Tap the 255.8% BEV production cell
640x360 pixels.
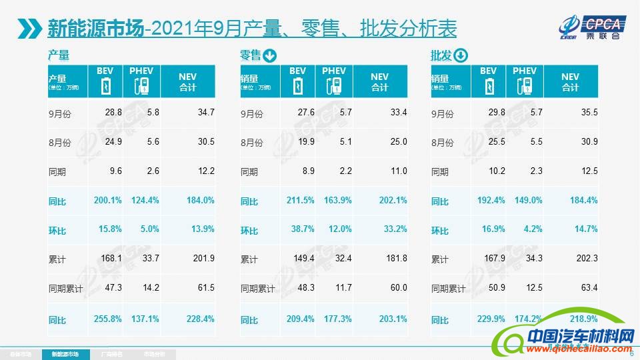coord(107,319)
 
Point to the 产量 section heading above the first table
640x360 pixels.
coord(59,56)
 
